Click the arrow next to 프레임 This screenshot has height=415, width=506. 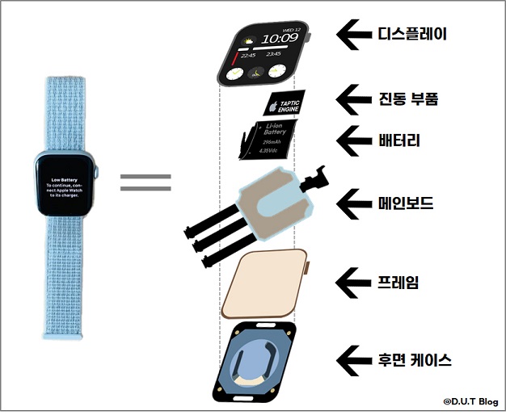coord(354,282)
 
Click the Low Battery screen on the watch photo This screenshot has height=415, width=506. coord(67,188)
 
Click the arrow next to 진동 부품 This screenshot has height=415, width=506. coord(354,99)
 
